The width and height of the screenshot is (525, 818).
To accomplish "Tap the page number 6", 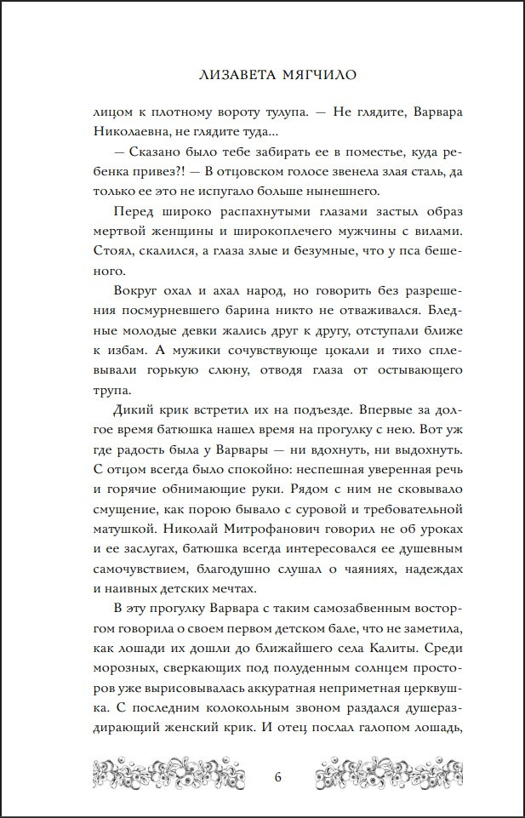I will pos(278,776).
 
